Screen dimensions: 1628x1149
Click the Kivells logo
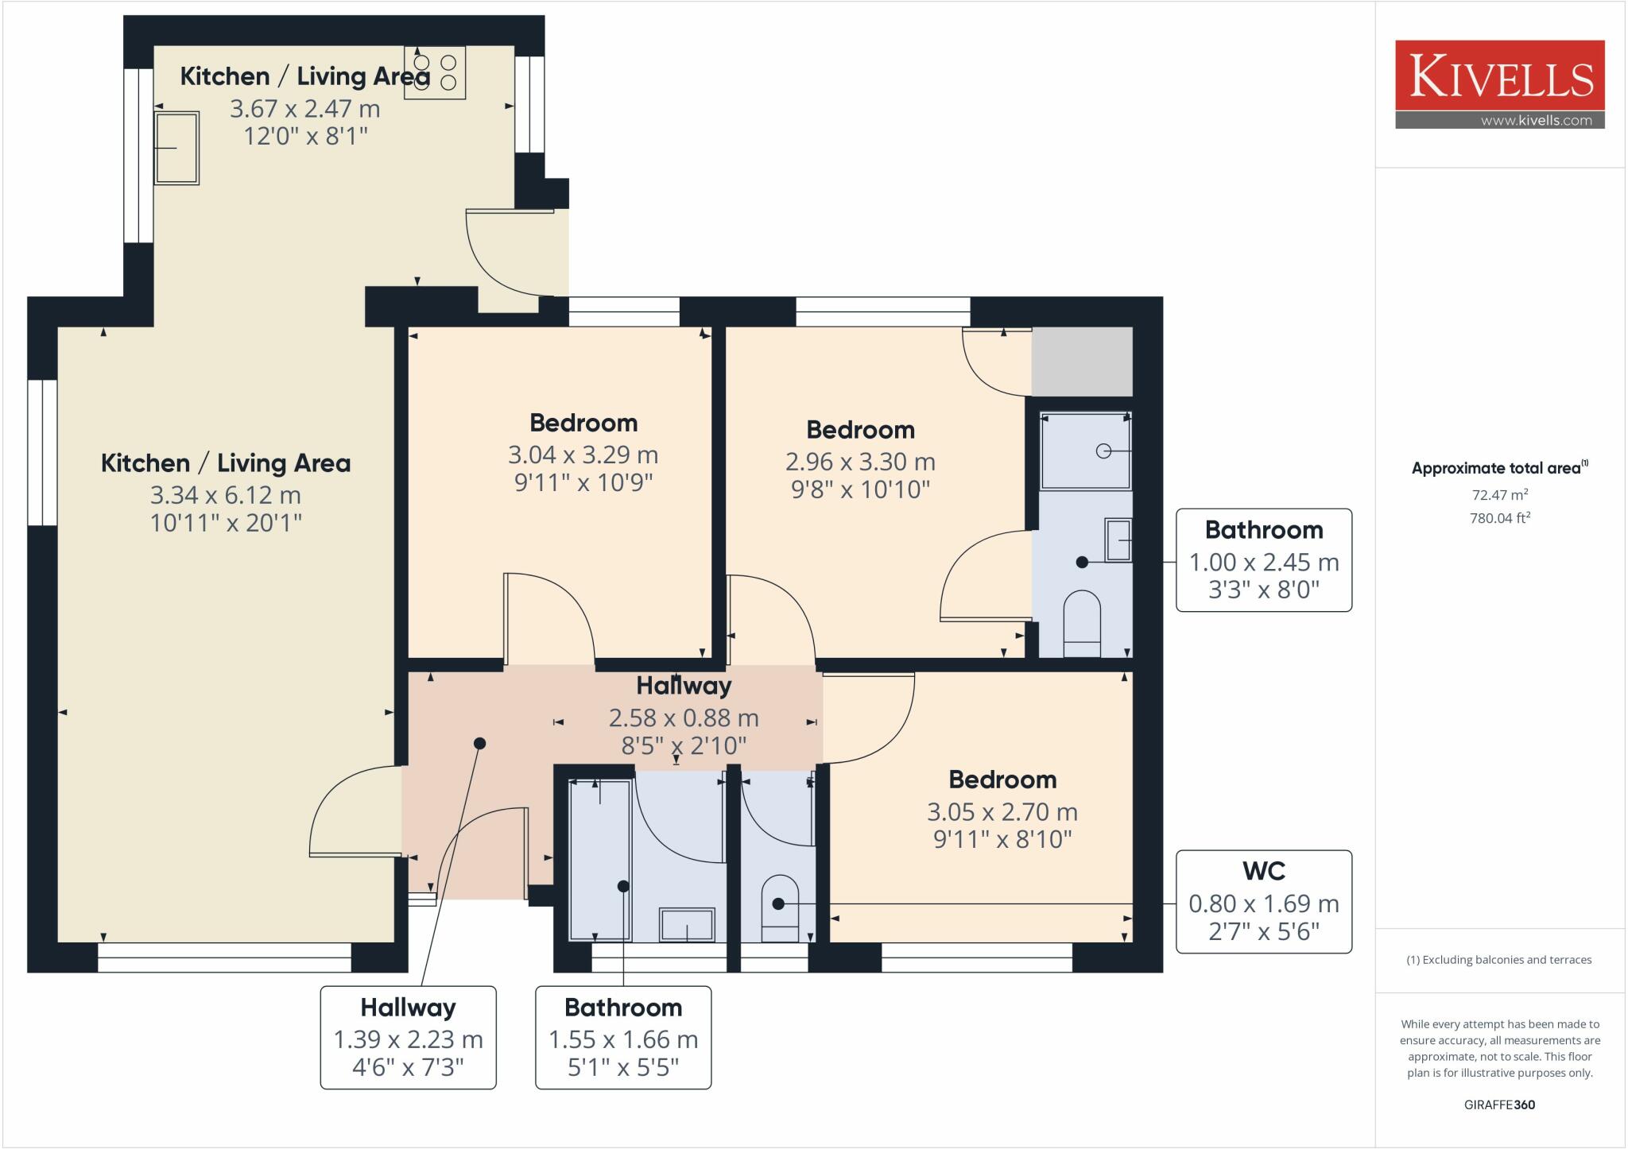click(x=1500, y=84)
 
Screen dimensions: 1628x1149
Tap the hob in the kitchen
click(x=435, y=72)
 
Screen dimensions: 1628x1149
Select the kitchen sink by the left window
click(x=176, y=148)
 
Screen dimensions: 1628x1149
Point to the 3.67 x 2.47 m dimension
click(x=305, y=108)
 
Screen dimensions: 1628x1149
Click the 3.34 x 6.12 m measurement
click(x=226, y=495)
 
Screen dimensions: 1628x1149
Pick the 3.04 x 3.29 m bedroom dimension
click(x=583, y=455)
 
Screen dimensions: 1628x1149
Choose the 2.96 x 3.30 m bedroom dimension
click(x=860, y=462)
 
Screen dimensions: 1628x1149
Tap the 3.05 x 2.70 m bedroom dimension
click(x=1002, y=812)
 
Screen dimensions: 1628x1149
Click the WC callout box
click(x=1264, y=902)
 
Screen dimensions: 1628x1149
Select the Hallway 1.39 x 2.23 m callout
click(x=408, y=1038)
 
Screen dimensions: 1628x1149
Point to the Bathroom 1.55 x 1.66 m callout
click(x=623, y=1038)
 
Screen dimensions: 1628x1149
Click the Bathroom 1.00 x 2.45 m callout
click(x=1264, y=560)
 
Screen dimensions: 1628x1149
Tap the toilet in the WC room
click(x=780, y=908)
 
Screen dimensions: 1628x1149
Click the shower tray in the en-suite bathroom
click(x=1085, y=450)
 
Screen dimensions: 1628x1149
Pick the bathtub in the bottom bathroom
click(x=601, y=860)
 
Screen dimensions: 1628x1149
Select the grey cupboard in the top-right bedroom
click(x=1082, y=362)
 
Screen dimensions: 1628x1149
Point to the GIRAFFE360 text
click(x=1499, y=1105)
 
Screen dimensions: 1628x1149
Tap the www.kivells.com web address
click(x=1536, y=121)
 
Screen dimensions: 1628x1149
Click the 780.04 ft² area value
click(x=1500, y=518)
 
